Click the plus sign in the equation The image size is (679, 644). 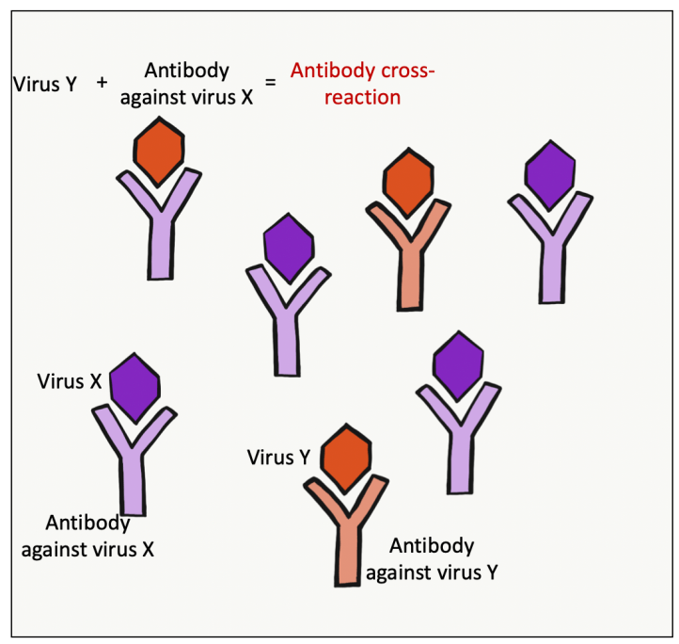click(103, 82)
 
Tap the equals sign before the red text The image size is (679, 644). click(270, 82)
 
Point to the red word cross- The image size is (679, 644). click(405, 71)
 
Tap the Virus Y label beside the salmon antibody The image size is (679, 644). click(278, 459)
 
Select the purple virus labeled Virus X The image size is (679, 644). click(134, 383)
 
